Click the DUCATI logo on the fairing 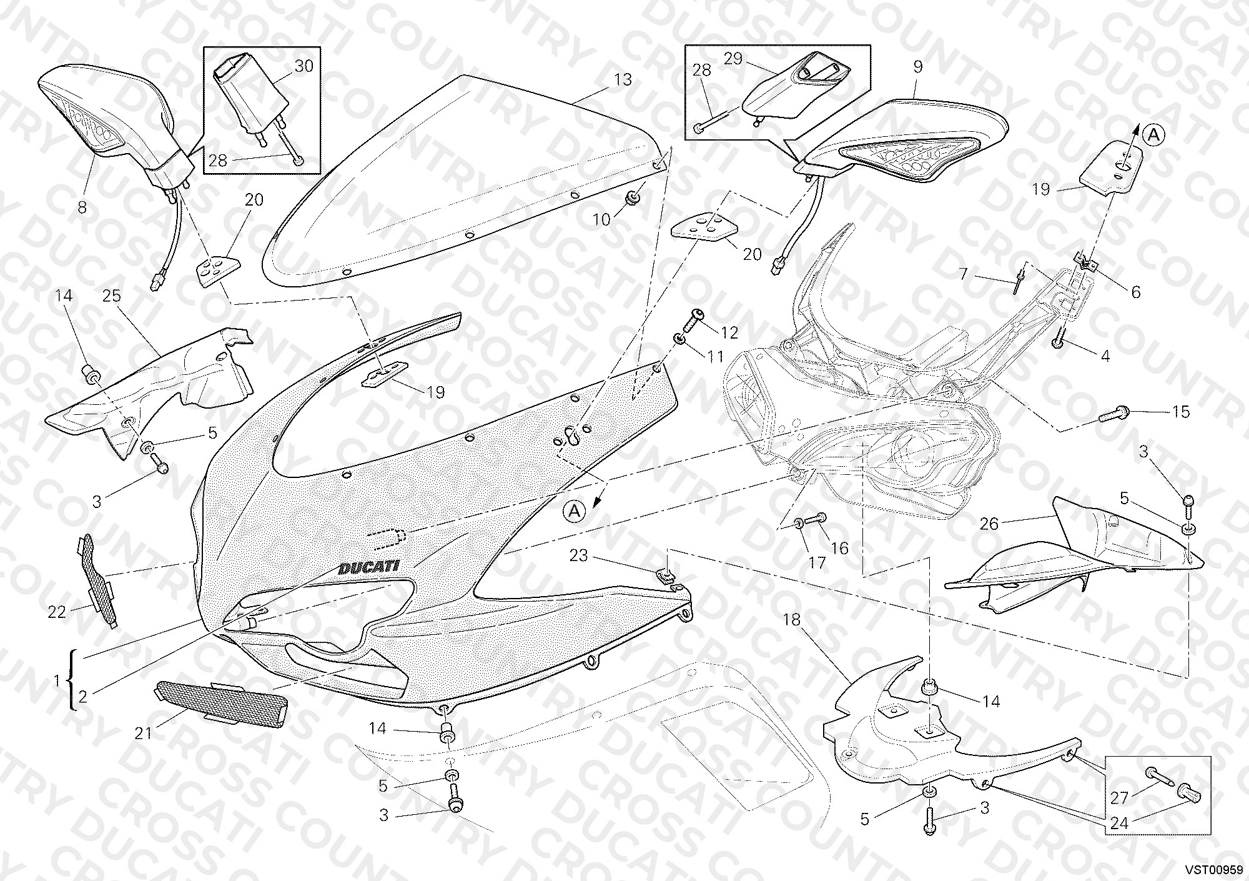point(369,567)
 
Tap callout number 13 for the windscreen point(623,79)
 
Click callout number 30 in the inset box point(304,66)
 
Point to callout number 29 point(733,59)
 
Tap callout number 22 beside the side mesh point(57,612)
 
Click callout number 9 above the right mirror point(918,67)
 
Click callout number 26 point(989,523)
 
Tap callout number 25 point(112,296)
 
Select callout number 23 point(579,555)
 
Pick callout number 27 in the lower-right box point(1119,798)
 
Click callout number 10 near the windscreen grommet point(601,219)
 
